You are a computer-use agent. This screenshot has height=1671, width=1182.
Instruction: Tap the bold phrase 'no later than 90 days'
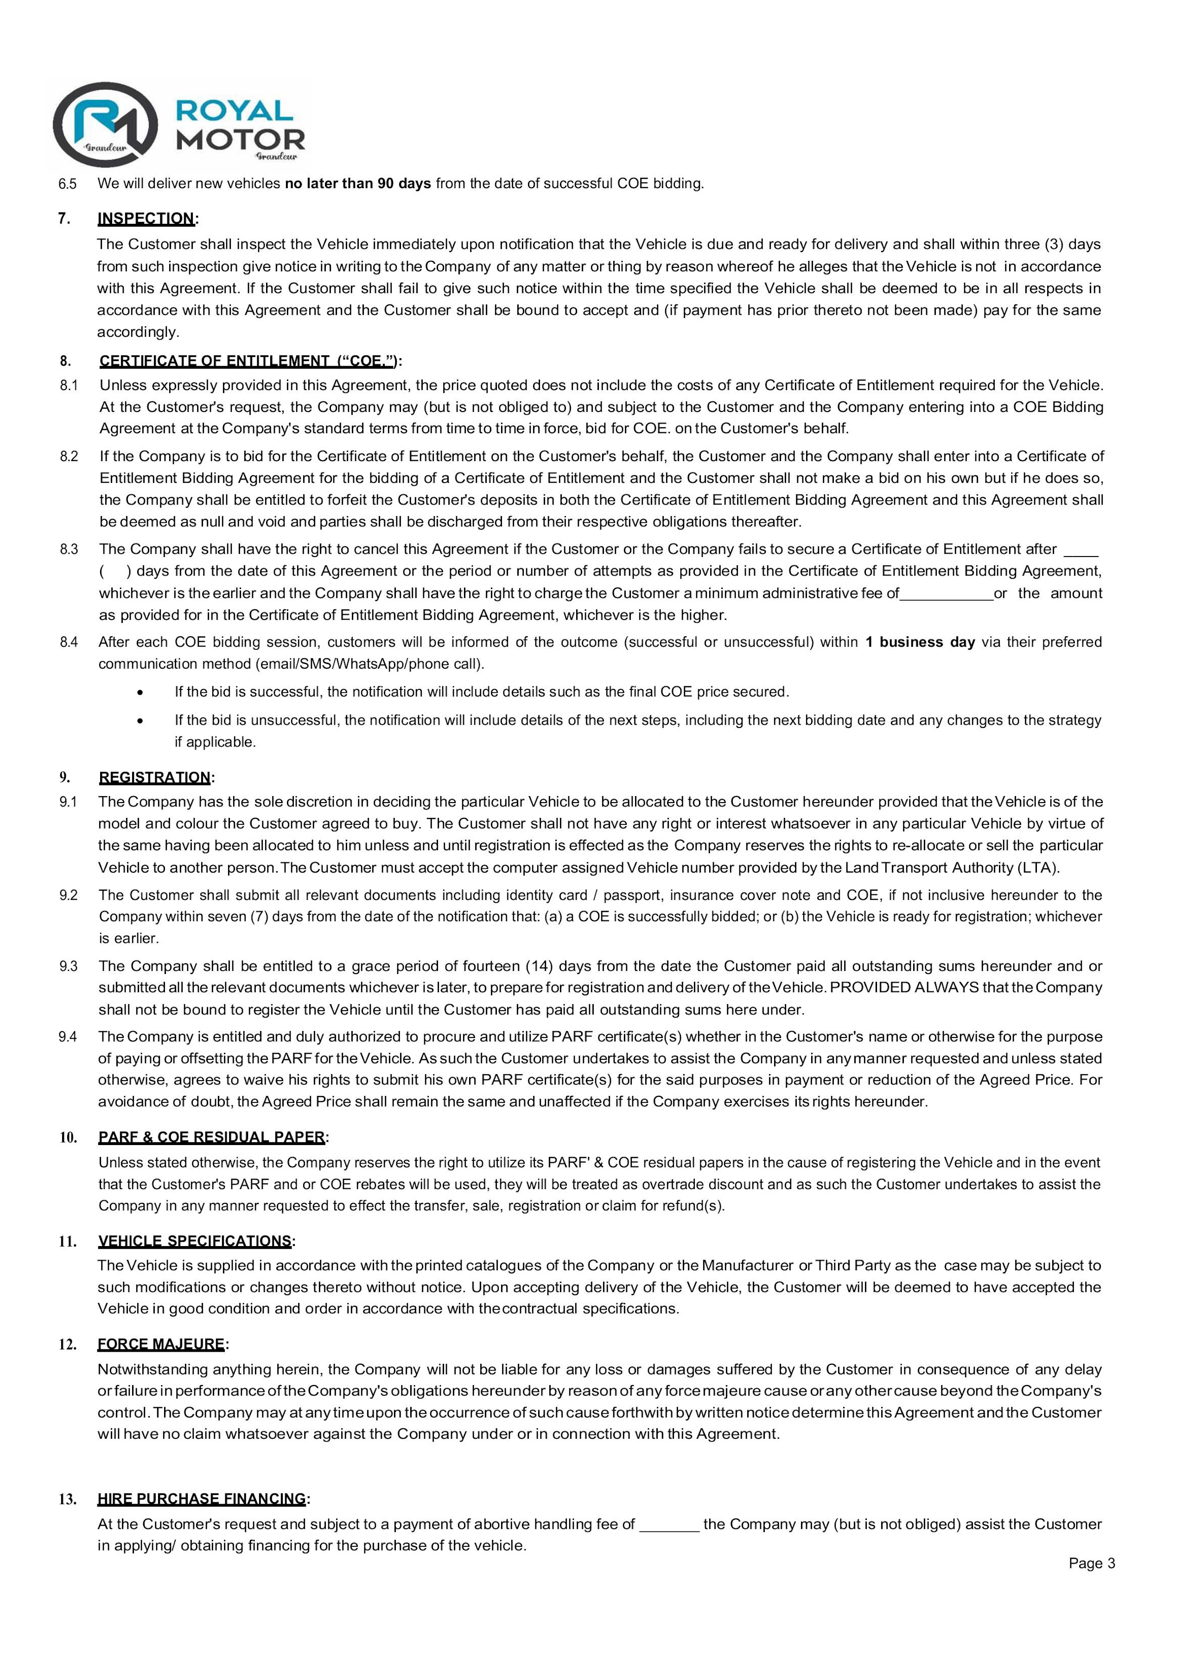point(358,184)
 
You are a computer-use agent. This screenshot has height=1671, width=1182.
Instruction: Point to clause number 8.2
point(69,457)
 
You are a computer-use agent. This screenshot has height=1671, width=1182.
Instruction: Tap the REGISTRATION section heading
point(155,777)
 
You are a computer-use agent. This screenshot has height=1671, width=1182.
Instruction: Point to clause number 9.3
point(69,967)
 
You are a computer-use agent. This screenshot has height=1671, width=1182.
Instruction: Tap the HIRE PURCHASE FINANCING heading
point(202,1499)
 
